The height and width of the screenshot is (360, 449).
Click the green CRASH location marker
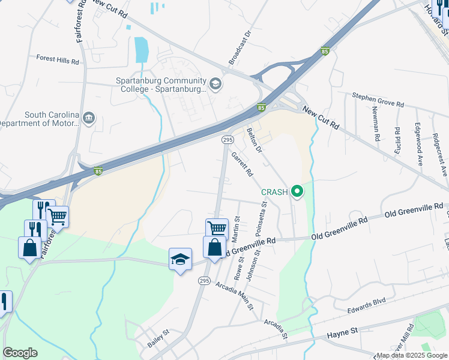297,192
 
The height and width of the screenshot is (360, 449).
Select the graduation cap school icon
180,259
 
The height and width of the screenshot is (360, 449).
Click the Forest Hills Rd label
58,61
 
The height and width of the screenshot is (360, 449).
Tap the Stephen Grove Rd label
378,99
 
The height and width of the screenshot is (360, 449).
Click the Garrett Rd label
242,164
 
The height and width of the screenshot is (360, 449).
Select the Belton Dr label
255,140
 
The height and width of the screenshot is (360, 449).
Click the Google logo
20,352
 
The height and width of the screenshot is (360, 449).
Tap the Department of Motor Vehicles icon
89,116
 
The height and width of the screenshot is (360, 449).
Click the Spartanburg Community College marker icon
216,85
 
